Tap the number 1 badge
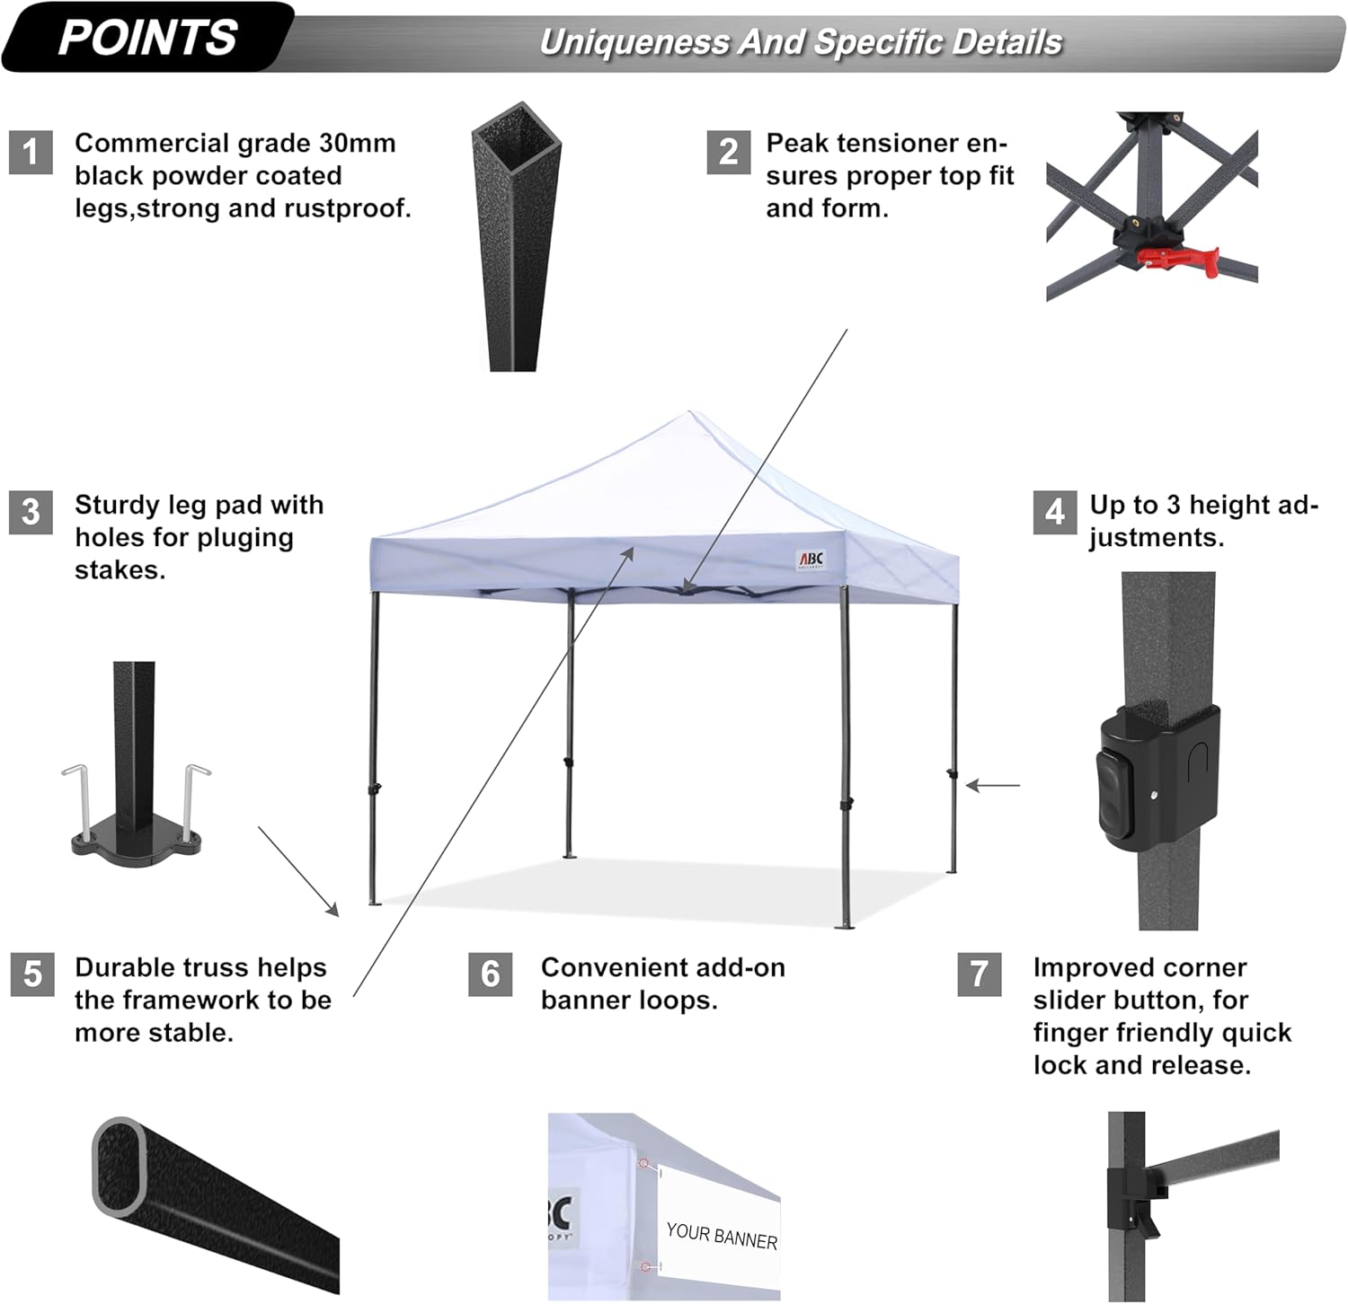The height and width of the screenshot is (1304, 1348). pyautogui.click(x=31, y=152)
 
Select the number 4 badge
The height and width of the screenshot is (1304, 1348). pyautogui.click(x=1054, y=512)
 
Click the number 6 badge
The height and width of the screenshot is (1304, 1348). pyautogui.click(x=490, y=974)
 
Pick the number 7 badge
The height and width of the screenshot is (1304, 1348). pyautogui.click(x=980, y=974)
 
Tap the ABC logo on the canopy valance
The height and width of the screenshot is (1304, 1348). pyautogui.click(x=810, y=559)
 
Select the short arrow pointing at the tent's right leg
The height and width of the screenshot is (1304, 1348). pyautogui.click(x=992, y=786)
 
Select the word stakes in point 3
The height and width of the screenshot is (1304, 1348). pyautogui.click(x=120, y=570)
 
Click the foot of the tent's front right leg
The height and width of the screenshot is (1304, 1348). pyautogui.click(x=844, y=925)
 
